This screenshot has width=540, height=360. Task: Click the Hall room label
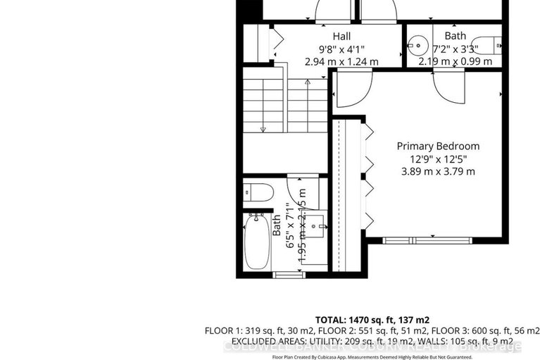coord(341,36)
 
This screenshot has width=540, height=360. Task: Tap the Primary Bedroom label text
coord(438,146)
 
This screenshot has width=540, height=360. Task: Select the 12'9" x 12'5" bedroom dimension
coord(438,159)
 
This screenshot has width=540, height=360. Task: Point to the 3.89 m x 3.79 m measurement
coord(438,171)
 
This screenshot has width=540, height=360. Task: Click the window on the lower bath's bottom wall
coord(284,274)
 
